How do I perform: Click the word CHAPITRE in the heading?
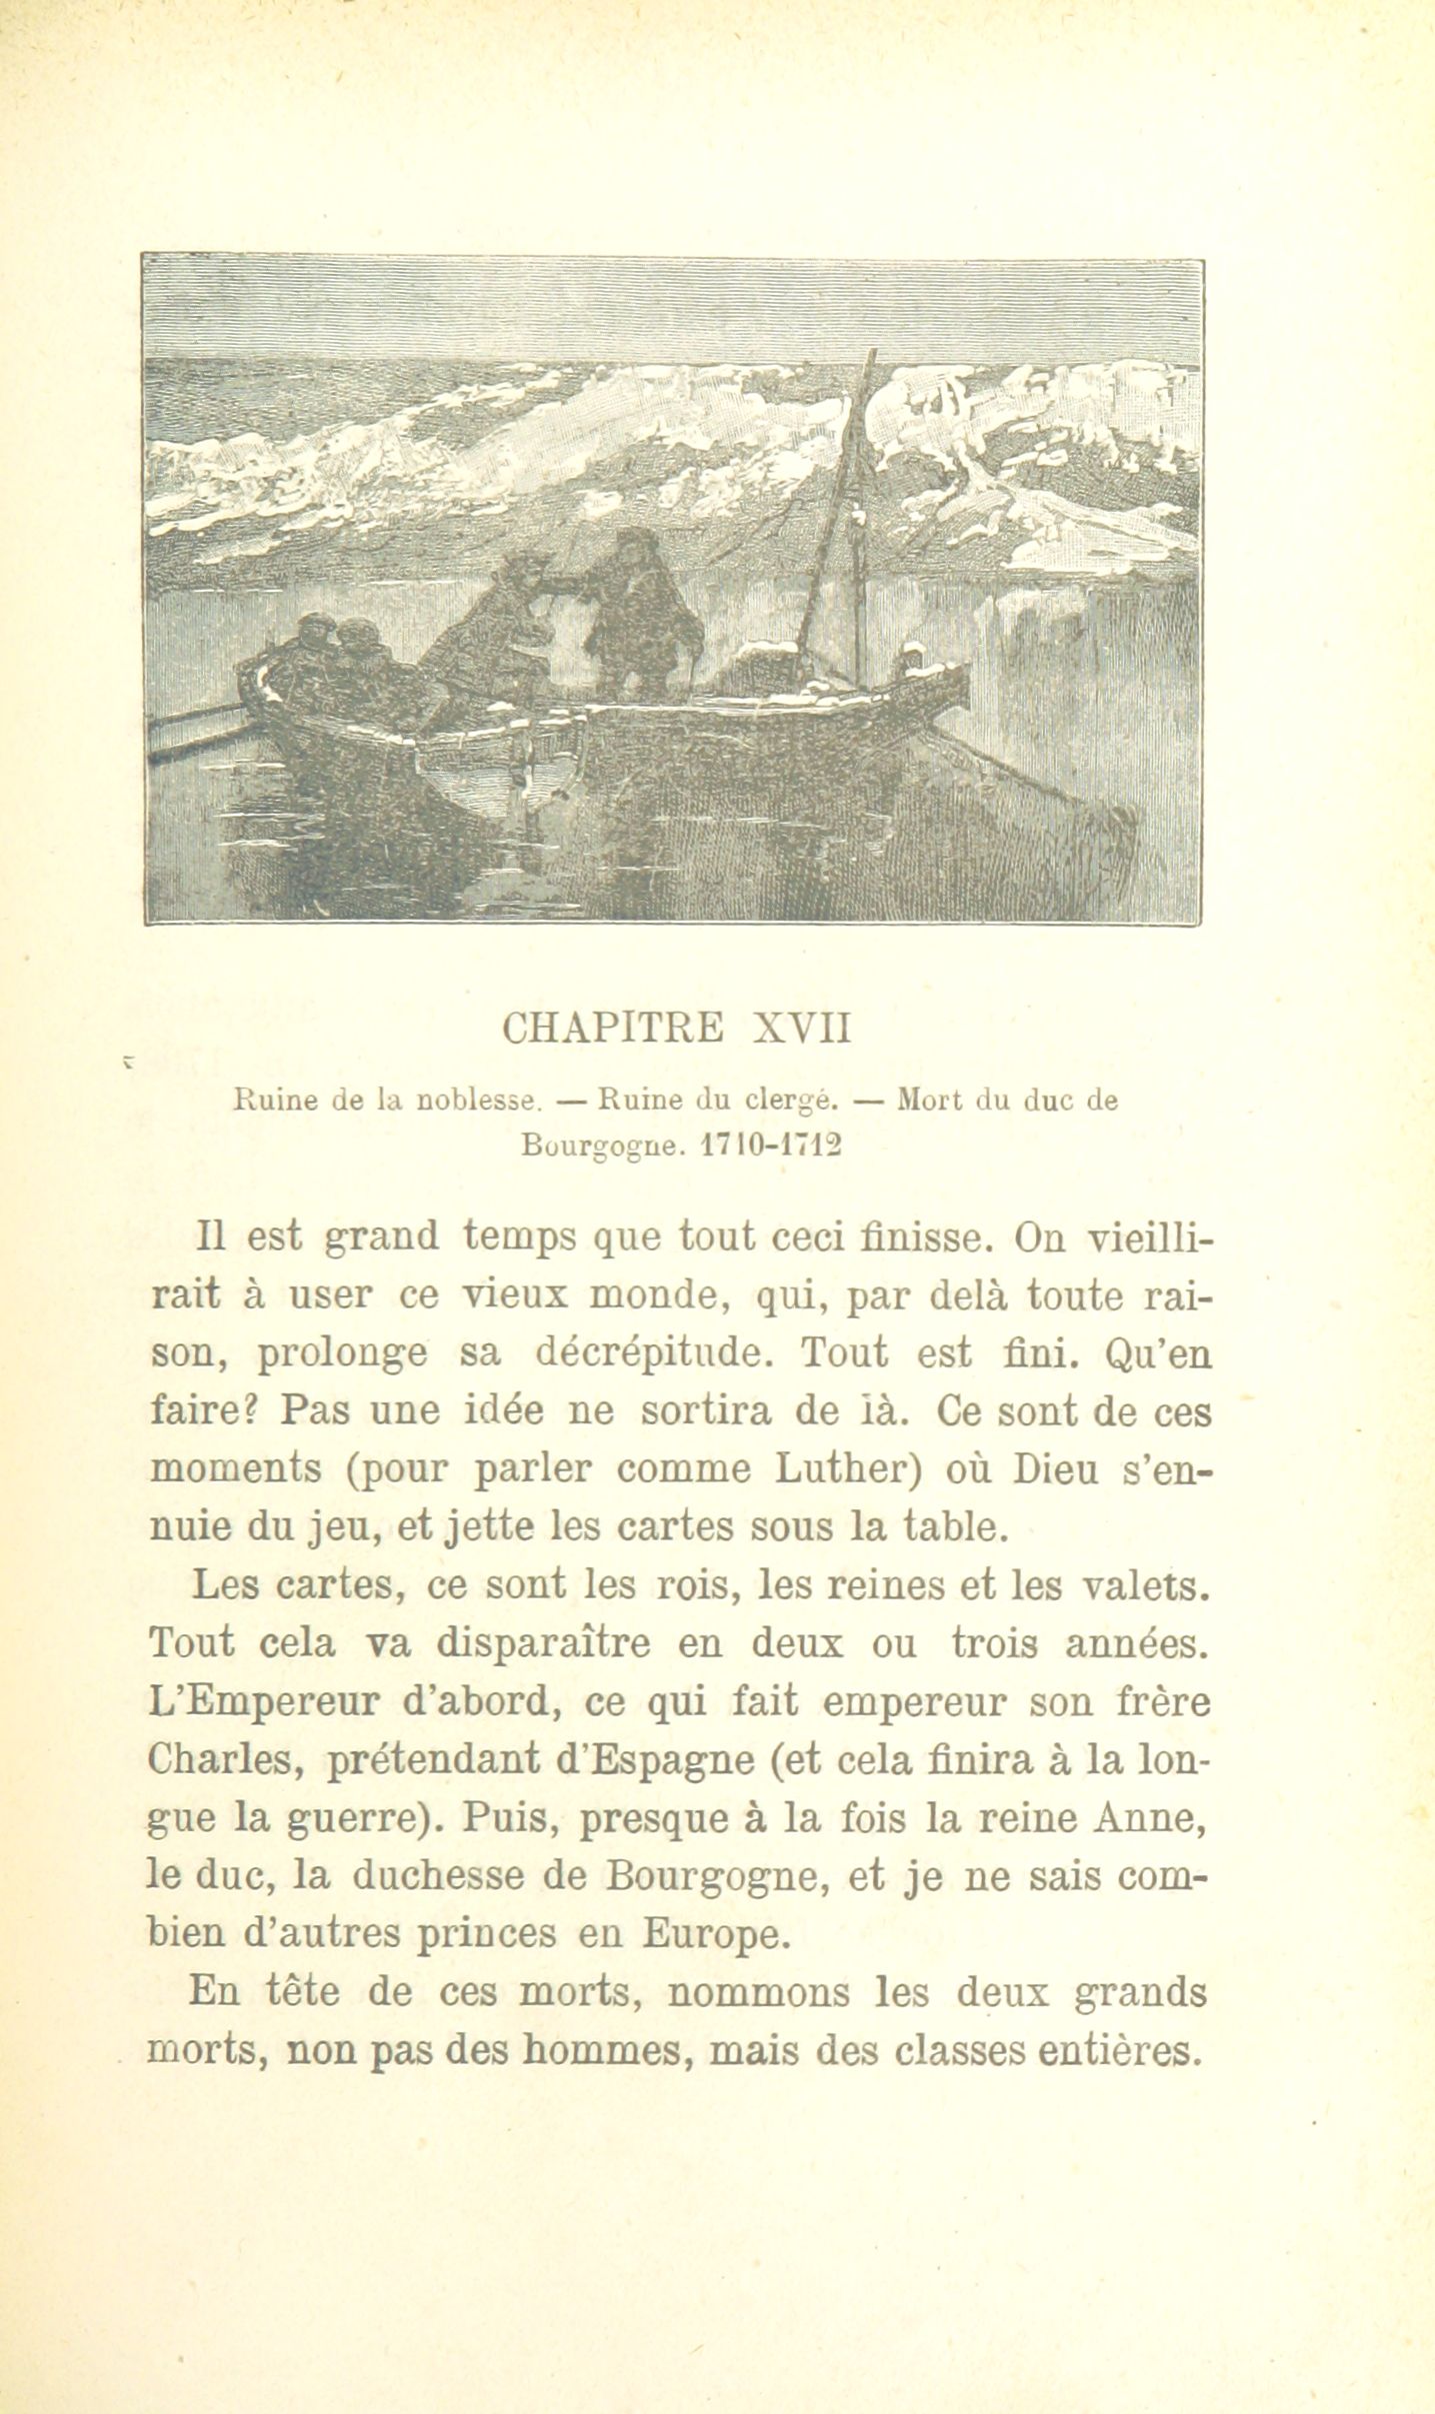pyautogui.click(x=612, y=1028)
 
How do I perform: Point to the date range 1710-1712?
pyautogui.click(x=769, y=1147)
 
